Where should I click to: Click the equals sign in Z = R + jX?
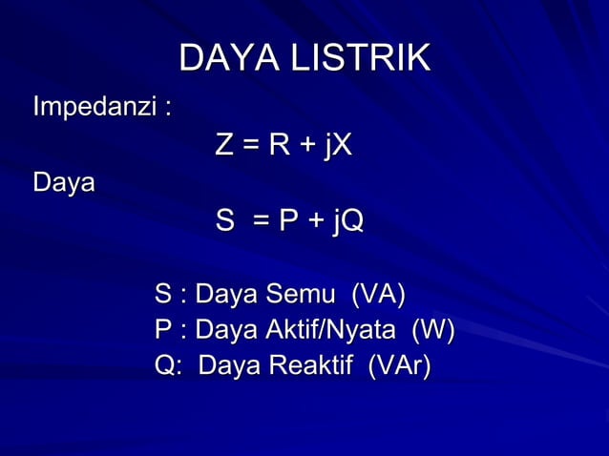click(x=251, y=147)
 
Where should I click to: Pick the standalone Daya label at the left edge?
click(x=64, y=181)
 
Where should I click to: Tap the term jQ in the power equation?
click(x=347, y=222)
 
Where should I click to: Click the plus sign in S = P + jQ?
click(x=315, y=223)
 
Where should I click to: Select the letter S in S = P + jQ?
click(x=224, y=222)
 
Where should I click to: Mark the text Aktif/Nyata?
click(x=329, y=330)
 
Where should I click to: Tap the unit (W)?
click(x=432, y=330)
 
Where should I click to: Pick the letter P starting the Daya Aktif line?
click(x=163, y=330)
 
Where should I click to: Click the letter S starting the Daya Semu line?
click(x=163, y=295)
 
